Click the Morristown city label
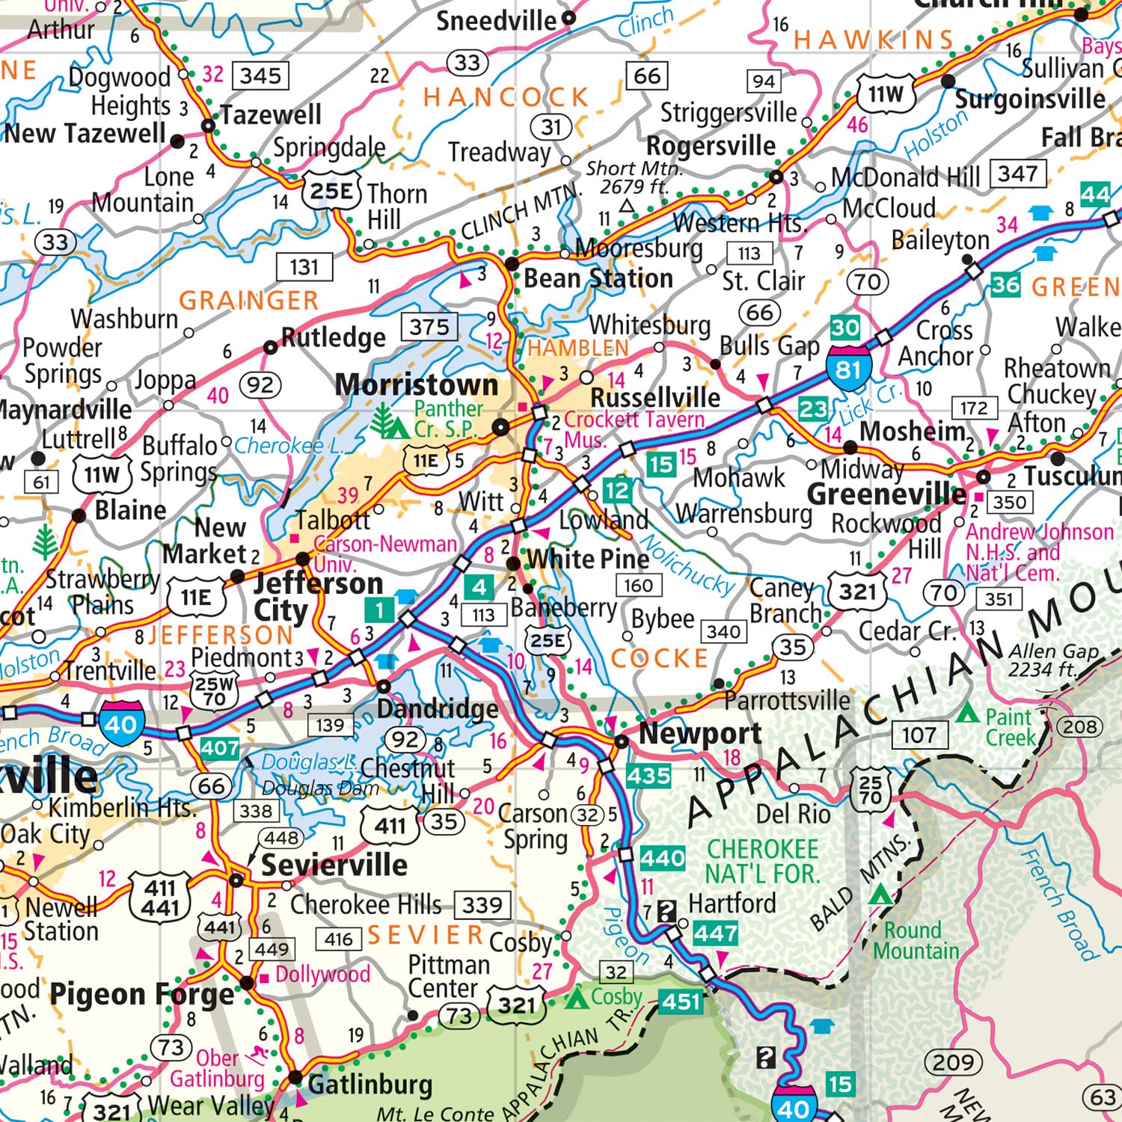tap(416, 384)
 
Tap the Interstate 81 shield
tap(848, 368)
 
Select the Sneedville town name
tap(496, 21)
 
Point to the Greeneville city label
tap(886, 494)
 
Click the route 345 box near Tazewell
tap(260, 76)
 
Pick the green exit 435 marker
tap(649, 775)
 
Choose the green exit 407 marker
tap(220, 747)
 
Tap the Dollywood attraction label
tap(322, 974)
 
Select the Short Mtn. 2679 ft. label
tap(634, 177)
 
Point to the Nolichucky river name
tap(688, 565)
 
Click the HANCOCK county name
tap(506, 97)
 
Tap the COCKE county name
tap(659, 658)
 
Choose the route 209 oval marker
tap(952, 1061)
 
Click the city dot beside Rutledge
tap(270, 347)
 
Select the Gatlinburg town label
tap(370, 1084)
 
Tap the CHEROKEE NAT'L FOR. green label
tap(763, 861)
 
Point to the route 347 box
tap(1017, 174)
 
